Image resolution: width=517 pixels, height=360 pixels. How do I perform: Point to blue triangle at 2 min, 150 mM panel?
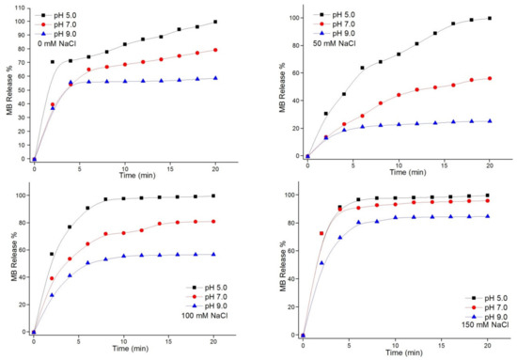[321, 262]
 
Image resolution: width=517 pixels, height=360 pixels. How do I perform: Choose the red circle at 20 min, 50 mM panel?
[489, 79]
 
